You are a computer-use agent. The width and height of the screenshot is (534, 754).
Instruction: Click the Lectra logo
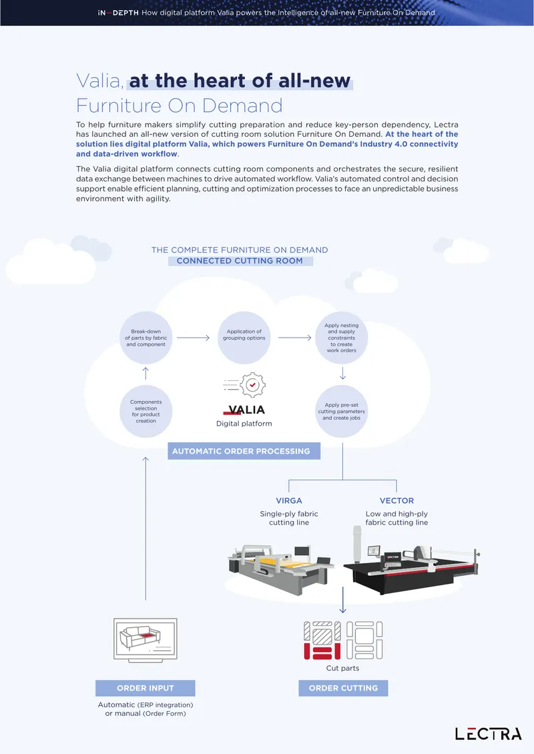[x=489, y=734]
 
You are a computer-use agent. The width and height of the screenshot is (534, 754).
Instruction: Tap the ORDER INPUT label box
[x=146, y=688]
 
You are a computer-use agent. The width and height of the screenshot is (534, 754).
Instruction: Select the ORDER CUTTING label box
[x=343, y=688]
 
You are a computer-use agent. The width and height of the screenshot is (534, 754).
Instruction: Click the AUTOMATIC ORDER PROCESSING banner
[x=244, y=451]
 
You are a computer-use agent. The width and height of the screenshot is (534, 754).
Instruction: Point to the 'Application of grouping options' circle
[x=244, y=338]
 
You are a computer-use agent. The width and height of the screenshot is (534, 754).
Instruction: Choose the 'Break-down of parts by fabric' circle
[x=146, y=338]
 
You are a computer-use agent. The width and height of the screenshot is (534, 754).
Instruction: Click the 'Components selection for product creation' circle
[x=146, y=411]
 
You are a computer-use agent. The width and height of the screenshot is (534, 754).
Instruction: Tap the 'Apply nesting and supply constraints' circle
[x=342, y=338]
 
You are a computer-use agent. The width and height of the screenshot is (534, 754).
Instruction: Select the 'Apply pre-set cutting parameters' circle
[x=342, y=411]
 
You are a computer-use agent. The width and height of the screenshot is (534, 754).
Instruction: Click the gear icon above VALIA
[x=252, y=385]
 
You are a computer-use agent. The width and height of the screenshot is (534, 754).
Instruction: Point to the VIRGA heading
[x=288, y=500]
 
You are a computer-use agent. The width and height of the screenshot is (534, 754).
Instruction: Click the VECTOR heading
[x=396, y=500]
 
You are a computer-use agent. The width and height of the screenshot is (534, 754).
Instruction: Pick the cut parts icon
[x=343, y=640]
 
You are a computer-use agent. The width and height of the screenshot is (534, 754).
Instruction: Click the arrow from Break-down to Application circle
[x=193, y=338]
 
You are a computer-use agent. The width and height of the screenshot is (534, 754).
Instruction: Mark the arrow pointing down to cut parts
[x=342, y=600]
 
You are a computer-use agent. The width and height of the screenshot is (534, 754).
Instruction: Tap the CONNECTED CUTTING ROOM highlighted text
[x=240, y=261]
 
